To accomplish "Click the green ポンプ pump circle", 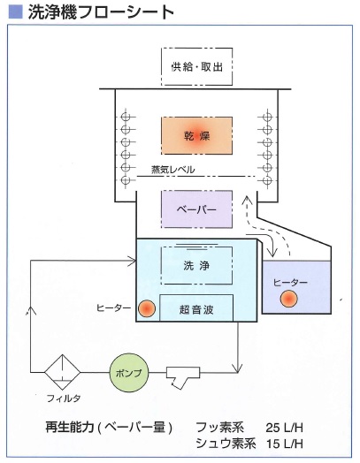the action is coord(129,373).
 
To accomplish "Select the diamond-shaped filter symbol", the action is coord(63,372).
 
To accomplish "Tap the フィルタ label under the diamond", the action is coord(64,398).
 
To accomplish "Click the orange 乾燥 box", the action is coord(196,135).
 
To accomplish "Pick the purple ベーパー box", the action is coord(196,209).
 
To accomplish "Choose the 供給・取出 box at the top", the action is coord(196,67).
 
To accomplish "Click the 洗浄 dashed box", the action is coord(196,265).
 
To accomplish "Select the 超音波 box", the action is coord(196,307).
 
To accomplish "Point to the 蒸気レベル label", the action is coord(172,170).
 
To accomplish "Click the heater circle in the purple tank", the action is coord(288,299).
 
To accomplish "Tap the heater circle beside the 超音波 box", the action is coord(147,308).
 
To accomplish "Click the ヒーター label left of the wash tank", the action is coord(113,308).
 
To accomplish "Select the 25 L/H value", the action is coord(284,428).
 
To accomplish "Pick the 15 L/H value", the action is coord(284,444).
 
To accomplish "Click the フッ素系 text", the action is coord(219,428).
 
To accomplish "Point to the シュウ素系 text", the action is coord(226,444).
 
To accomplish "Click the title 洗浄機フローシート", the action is coord(101,12).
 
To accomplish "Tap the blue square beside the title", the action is coord(15,12).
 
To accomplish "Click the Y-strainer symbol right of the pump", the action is coord(183,376).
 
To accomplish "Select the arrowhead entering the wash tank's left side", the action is coord(132,261).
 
